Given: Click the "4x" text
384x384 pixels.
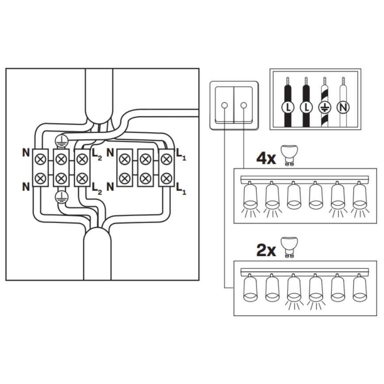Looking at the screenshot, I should pyautogui.click(x=266, y=157).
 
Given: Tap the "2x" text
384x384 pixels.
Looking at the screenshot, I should pyautogui.click(x=266, y=250).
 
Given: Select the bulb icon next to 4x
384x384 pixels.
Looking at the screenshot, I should pyautogui.click(x=290, y=155).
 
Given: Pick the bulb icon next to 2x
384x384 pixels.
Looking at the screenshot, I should pyautogui.click(x=290, y=248).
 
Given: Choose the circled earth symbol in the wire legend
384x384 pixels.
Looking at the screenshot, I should pyautogui.click(x=324, y=107).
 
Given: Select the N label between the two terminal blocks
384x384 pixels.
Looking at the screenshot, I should pyautogui.click(x=111, y=187).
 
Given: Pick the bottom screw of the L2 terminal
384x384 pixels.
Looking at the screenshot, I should pyautogui.click(x=81, y=178).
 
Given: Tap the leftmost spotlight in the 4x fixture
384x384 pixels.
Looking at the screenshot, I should pyautogui.click(x=250, y=197).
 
